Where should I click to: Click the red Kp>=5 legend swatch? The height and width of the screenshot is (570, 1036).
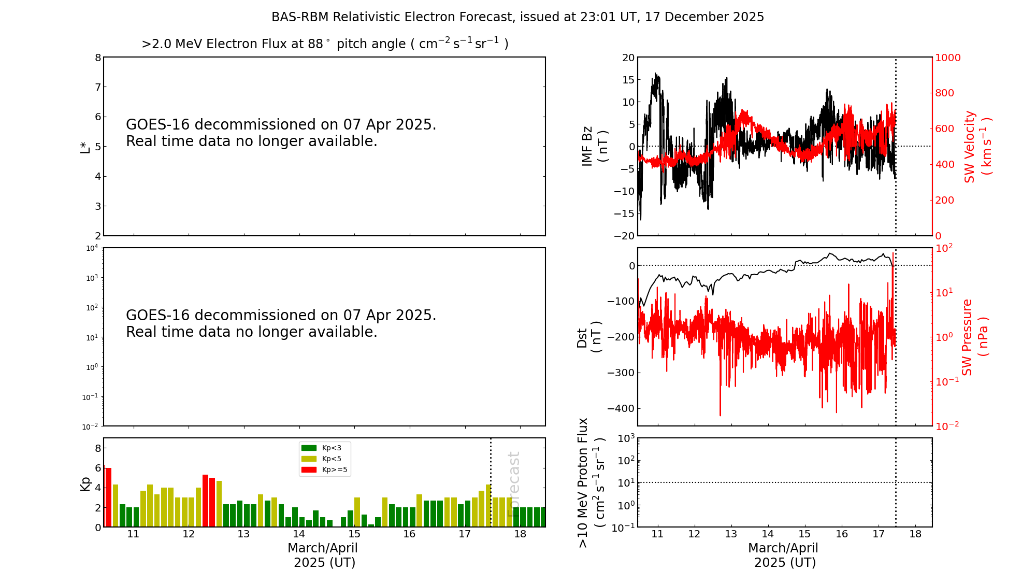(x=309, y=469)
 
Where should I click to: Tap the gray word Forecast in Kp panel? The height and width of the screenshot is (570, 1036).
(x=513, y=484)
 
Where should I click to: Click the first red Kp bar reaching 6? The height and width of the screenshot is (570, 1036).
(x=108, y=497)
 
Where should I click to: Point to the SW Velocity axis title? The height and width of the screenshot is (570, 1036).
(x=977, y=147)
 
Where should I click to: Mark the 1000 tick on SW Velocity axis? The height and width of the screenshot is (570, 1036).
(x=947, y=58)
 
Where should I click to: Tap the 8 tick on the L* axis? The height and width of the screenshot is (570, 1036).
(x=98, y=58)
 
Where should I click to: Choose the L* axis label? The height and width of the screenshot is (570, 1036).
(x=85, y=147)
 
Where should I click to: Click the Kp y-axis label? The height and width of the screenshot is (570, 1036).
(x=85, y=483)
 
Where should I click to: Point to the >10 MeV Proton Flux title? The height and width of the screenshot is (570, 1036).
(x=591, y=483)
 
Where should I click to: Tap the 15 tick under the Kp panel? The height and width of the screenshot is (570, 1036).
(x=354, y=534)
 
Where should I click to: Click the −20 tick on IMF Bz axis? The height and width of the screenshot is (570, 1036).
(x=624, y=236)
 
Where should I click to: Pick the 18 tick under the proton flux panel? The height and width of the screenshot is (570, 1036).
(x=915, y=534)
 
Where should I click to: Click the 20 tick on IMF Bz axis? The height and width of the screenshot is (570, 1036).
(x=628, y=58)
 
